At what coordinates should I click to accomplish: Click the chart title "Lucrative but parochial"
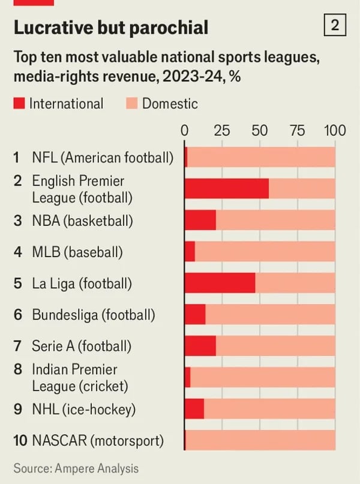[x=111, y=27]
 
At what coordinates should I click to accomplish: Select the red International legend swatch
[x=19, y=104]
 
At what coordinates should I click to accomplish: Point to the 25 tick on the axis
[x=222, y=131]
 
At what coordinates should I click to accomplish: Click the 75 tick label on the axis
[x=297, y=131]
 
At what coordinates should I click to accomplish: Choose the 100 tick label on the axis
[x=334, y=131]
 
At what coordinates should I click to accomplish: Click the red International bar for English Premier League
[x=226, y=189]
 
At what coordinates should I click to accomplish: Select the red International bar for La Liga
[x=220, y=283]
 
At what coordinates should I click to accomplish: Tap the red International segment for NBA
[x=200, y=220]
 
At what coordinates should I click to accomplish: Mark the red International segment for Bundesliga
[x=195, y=314]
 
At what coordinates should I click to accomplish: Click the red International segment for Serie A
[x=200, y=345]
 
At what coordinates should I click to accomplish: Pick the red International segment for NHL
[x=194, y=408]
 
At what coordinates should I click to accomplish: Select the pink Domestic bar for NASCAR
[x=260, y=440]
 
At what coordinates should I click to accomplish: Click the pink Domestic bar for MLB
[x=265, y=252]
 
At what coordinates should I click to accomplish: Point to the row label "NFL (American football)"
[x=102, y=158]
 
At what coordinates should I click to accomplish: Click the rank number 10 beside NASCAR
[x=20, y=441]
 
